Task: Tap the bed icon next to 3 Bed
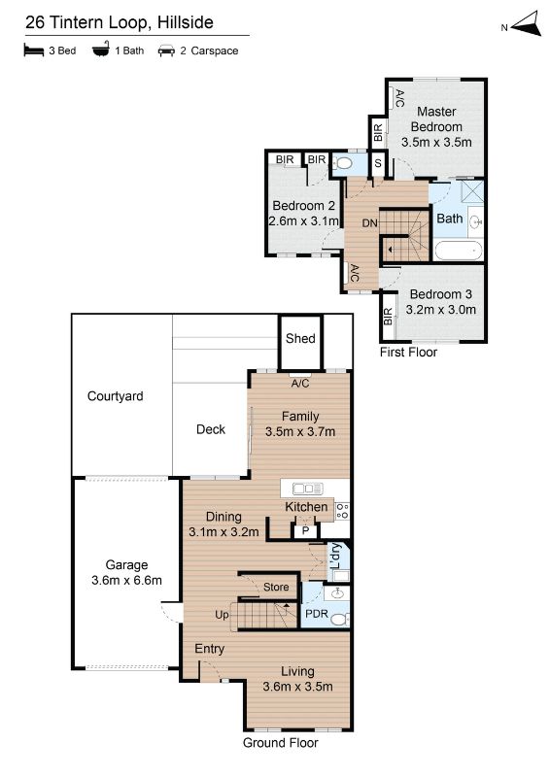(34, 51)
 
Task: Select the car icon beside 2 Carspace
(166, 51)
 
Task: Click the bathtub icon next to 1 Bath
(101, 50)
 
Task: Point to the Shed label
(300, 338)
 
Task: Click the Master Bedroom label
(436, 118)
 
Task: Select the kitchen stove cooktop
(342, 511)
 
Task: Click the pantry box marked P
(305, 531)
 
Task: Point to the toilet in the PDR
(340, 620)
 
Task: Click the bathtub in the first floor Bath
(459, 251)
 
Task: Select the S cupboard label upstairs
(378, 162)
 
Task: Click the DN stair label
(369, 223)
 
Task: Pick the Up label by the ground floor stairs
(222, 615)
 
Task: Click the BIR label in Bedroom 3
(388, 317)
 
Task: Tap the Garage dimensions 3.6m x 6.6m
(126, 580)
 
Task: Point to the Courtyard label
(115, 396)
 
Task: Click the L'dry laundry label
(336, 556)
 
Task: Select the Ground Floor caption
(280, 742)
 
